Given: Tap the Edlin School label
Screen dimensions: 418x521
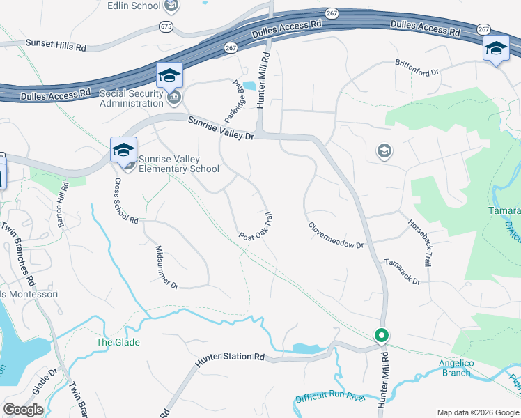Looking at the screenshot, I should click(134, 6).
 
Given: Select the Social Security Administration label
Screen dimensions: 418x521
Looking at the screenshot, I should click(131, 98).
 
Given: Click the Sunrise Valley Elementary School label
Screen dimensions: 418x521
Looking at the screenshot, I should click(179, 164).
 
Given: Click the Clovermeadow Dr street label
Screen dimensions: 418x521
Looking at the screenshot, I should click(336, 235).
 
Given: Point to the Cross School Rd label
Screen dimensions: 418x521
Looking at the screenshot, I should click(127, 201).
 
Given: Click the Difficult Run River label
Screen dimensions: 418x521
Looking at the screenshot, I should click(330, 398).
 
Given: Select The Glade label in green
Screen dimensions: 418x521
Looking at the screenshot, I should click(118, 342).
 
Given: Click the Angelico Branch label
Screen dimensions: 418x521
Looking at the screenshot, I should click(456, 367).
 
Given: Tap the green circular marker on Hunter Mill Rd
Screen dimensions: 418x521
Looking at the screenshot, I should click(382, 335).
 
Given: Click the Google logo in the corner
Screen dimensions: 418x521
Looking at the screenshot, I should click(23, 410).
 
